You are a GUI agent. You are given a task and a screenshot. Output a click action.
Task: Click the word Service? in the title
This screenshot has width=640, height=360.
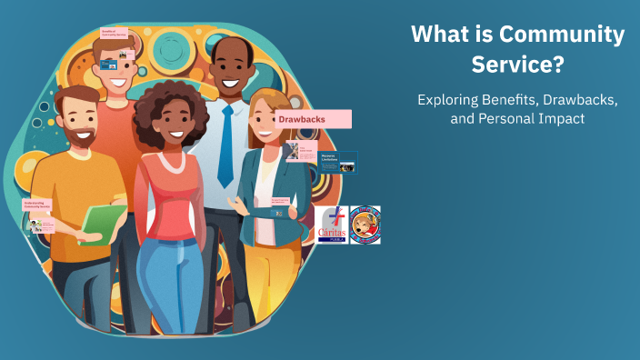[x=517, y=65]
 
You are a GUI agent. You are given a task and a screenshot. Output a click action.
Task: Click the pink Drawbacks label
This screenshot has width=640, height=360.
[x=314, y=119]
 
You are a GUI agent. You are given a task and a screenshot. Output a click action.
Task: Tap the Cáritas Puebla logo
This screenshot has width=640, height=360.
[x=332, y=225]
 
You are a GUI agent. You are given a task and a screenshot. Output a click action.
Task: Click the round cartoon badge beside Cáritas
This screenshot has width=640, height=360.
[x=365, y=225]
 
